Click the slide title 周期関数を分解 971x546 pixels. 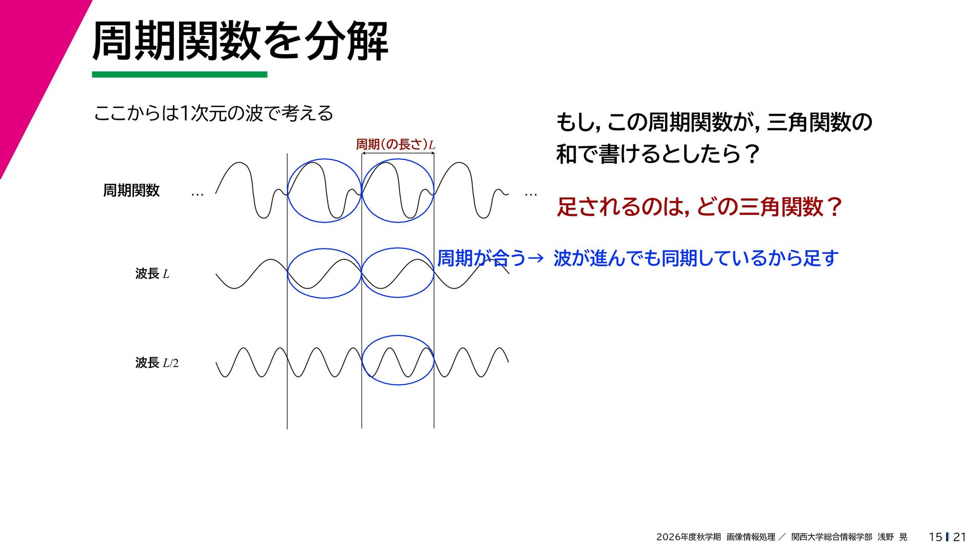(240, 41)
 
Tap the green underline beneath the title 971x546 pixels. (180, 74)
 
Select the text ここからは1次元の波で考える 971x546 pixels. (213, 113)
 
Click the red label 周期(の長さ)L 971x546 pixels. (395, 144)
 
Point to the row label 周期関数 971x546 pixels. (131, 190)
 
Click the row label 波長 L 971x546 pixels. (152, 274)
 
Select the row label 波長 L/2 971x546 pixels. (157, 362)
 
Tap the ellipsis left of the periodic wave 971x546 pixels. (197, 194)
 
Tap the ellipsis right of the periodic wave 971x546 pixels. (531, 194)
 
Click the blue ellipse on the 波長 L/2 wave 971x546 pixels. (398, 336)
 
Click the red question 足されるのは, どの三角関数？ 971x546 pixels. (699, 207)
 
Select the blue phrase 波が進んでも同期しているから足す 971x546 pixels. (696, 258)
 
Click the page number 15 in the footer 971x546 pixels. (936, 537)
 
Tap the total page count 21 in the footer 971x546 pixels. (960, 537)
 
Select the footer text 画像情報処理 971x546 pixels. (751, 537)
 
